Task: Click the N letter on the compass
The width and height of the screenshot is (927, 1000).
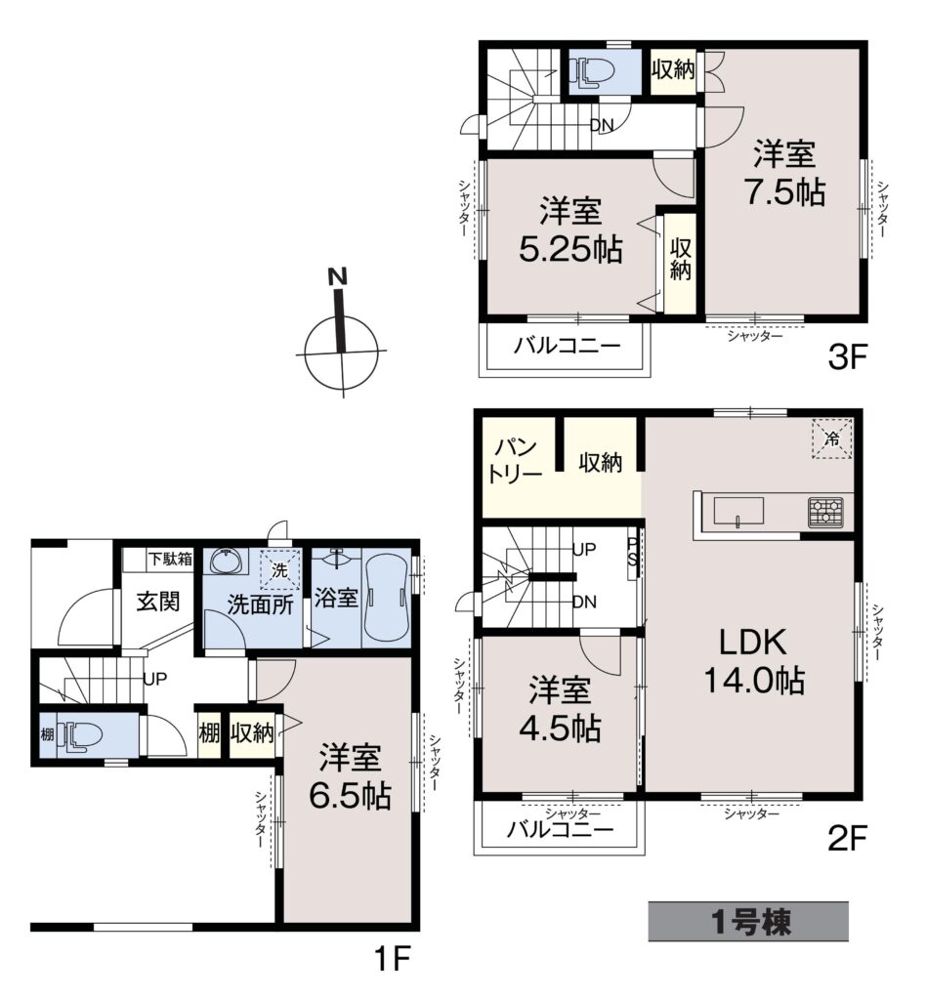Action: pos(338,276)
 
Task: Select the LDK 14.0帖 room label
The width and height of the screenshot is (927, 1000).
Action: pos(753,661)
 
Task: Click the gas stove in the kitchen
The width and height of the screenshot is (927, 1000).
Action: pos(825,512)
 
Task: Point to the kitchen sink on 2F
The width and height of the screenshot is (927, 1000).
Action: pos(738,514)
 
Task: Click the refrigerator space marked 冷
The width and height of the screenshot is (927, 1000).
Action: pos(832,438)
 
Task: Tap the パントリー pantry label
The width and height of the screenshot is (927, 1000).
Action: pos(516,461)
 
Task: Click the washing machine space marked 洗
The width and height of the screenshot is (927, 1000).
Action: pos(279,569)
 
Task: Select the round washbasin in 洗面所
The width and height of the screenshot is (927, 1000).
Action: pos(226,562)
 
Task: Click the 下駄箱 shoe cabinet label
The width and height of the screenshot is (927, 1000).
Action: pos(170,560)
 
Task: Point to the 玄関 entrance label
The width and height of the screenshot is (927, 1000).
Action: pos(157,602)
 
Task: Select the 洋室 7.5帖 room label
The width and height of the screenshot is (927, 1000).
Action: pos(784,172)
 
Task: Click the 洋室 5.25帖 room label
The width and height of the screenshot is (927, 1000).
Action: pos(569,230)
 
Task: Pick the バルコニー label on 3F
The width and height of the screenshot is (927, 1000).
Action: pos(568,347)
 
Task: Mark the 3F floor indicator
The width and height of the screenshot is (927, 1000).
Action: pos(847,356)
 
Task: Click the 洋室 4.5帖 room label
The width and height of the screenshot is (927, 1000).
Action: pos(560,709)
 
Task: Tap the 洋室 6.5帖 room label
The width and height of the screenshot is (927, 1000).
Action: pos(350,776)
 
